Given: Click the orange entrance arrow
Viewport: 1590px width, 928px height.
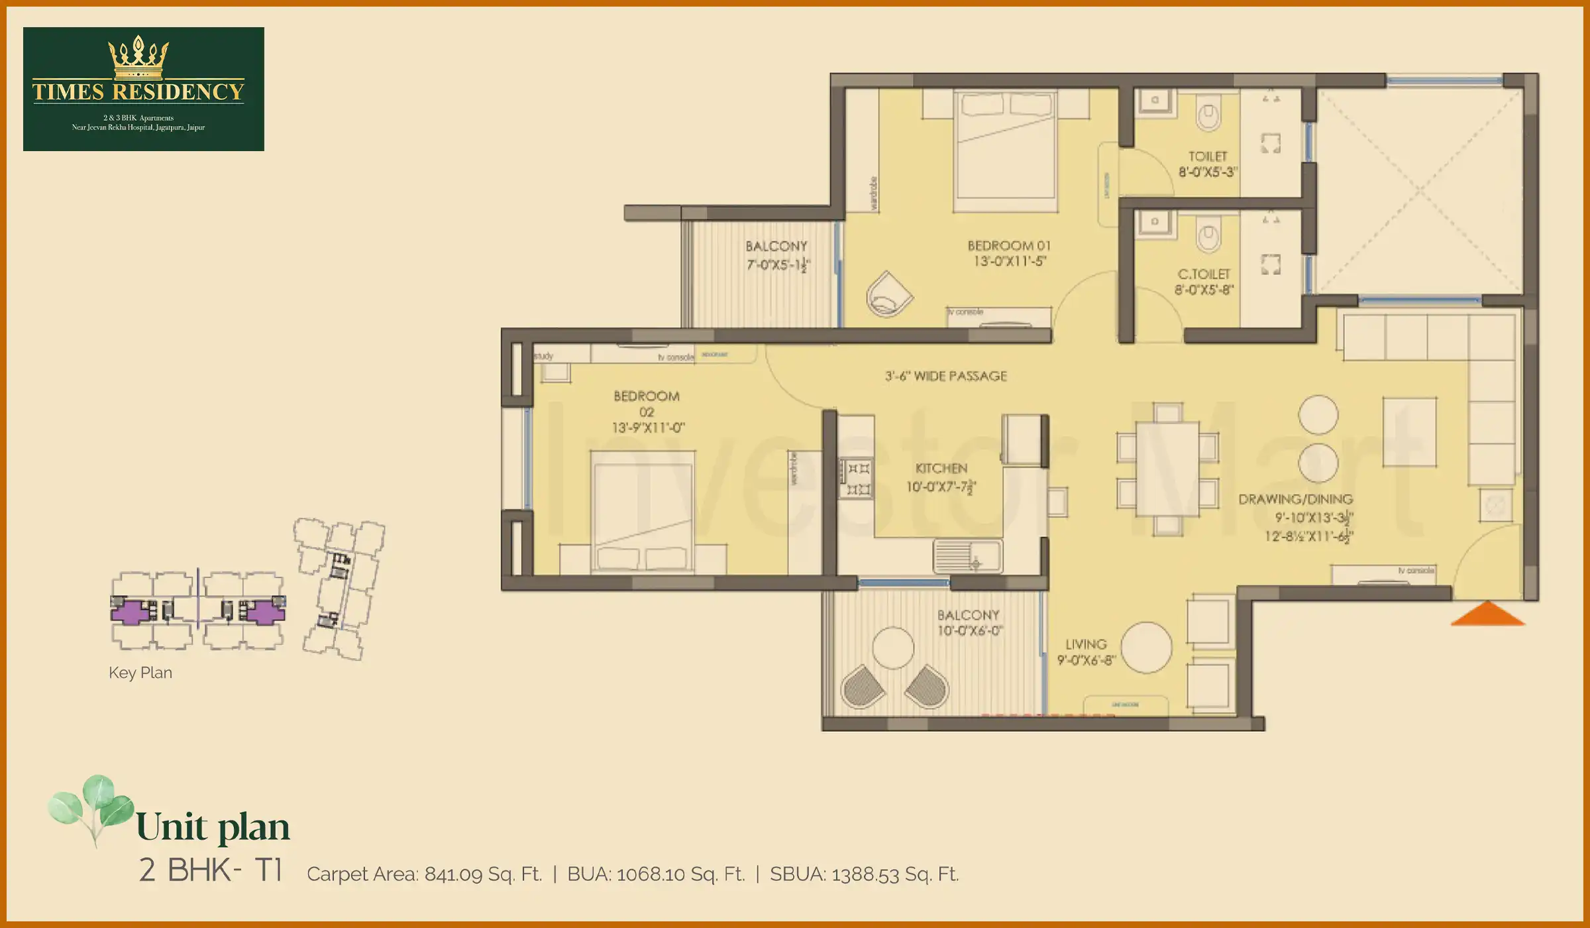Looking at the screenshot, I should pos(1487,614).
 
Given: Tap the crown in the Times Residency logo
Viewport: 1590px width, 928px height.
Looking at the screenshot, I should pos(138,58).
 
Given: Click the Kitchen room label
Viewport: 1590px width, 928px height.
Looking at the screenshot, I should pos(941,469).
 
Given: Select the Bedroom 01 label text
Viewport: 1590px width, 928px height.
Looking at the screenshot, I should pos(1009,246).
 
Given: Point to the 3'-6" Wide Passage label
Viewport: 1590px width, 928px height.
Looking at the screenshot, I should pos(946,377).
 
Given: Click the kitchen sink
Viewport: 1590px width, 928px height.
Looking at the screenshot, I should pos(967,555).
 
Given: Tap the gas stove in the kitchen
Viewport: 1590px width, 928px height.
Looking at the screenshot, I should pos(856,479).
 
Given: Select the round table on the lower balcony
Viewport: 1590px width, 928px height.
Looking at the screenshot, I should pos(893,648).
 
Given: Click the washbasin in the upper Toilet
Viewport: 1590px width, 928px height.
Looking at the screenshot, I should pos(1155,101).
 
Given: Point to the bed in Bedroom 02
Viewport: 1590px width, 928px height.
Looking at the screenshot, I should pos(643,512).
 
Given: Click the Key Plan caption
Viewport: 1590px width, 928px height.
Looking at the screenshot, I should pos(140,673).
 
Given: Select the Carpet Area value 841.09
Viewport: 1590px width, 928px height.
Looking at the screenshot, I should pos(454,874).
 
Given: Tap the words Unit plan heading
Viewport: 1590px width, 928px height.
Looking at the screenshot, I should pos(213,827).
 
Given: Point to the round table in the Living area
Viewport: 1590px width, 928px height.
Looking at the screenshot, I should pos(1146,648).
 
